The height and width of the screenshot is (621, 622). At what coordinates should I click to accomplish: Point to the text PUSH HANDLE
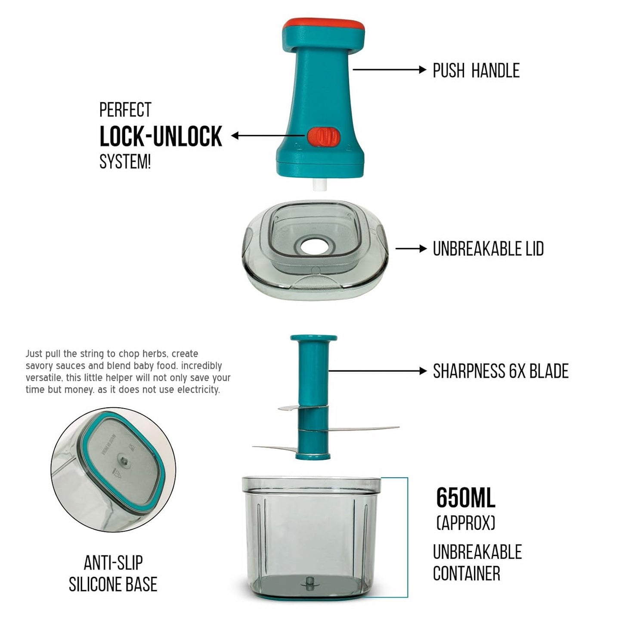[476, 71]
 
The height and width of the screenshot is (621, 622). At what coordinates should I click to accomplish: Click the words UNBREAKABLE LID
[488, 249]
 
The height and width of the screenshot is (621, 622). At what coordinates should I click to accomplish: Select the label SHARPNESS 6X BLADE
[501, 371]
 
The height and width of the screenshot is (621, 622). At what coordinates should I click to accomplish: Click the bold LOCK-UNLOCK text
[161, 137]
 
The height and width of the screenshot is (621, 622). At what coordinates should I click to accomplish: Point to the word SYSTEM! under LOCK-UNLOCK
[125, 162]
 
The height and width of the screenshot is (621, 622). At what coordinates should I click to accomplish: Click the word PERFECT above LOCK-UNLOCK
[125, 110]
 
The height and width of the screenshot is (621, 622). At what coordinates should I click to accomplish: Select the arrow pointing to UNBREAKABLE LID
[411, 249]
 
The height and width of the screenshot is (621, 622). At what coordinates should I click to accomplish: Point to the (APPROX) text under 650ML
[466, 523]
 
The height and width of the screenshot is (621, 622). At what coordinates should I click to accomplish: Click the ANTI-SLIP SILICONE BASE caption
[113, 574]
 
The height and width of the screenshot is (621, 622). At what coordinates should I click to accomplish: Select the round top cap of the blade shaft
[313, 338]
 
